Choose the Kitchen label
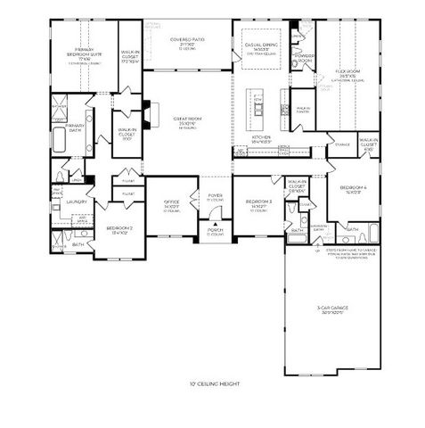(260, 139)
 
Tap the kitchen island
(258, 104)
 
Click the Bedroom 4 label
(352, 189)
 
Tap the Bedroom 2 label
(119, 230)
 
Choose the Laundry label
(77, 202)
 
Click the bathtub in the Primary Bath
(60, 141)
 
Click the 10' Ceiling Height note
(214, 384)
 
